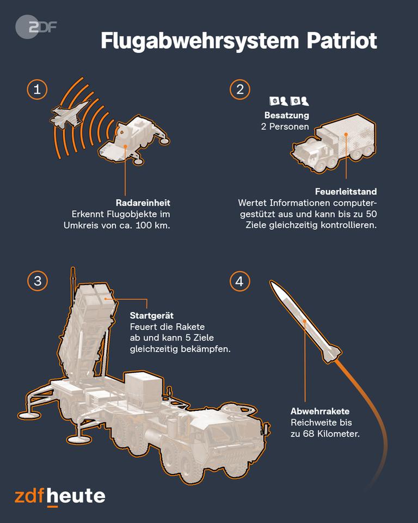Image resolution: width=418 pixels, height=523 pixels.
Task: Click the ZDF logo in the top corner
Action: tap(36, 27)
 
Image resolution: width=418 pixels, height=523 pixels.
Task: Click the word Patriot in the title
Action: tap(342, 41)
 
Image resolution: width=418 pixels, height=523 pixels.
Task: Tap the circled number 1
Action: tap(37, 89)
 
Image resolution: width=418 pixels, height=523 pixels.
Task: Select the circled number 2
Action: tap(240, 89)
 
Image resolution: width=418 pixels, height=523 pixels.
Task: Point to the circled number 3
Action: tap(38, 281)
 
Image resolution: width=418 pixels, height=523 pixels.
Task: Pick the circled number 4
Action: tap(239, 281)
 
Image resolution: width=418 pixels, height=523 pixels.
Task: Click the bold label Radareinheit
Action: tap(143, 203)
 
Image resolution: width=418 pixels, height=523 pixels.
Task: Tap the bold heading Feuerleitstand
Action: tap(346, 191)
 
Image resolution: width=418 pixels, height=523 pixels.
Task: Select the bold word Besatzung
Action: tap(287, 115)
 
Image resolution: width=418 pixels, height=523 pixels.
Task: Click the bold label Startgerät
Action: tap(152, 315)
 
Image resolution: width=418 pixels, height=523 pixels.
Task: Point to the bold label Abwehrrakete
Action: tap(320, 411)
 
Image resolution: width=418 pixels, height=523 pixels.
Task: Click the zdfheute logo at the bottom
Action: tap(60, 497)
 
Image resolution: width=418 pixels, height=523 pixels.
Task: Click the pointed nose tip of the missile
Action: tap(271, 281)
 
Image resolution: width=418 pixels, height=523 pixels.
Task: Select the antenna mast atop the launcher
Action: tap(73, 276)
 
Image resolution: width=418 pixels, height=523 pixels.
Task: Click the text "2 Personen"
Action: tap(285, 127)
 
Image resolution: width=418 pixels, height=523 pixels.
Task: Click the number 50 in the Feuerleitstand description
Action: tap(371, 214)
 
